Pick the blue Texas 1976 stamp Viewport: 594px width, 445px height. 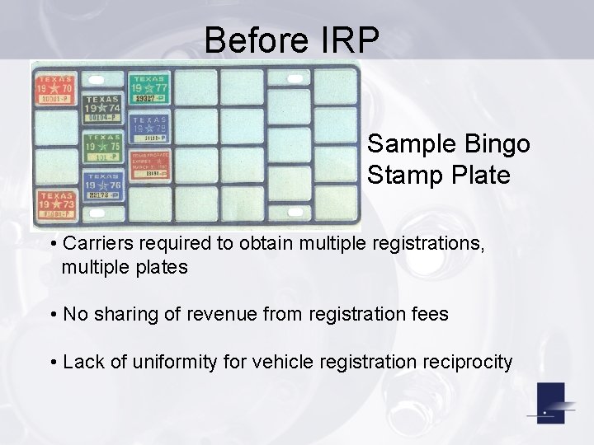102,186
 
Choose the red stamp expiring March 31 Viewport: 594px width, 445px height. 148,165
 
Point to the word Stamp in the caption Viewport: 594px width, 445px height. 403,176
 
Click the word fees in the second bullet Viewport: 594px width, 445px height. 429,314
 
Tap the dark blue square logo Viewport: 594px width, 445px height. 550,404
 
